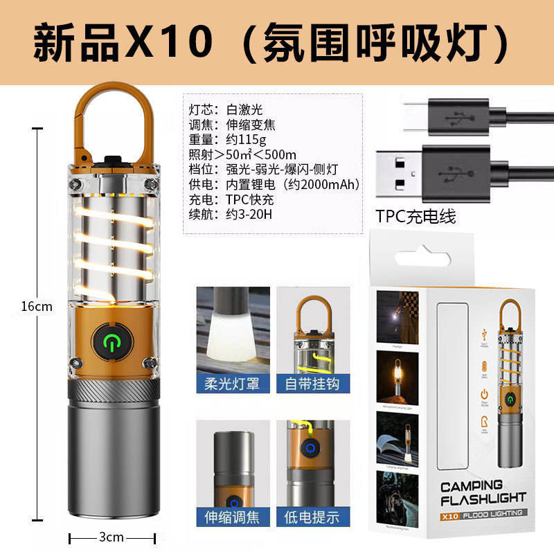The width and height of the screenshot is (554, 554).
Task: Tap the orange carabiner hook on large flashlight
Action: click(x=112, y=104)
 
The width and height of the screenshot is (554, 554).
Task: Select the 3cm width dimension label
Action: click(x=111, y=537)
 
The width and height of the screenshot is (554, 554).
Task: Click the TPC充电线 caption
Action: click(x=416, y=216)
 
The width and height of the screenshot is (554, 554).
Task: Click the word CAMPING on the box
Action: click(x=471, y=485)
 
